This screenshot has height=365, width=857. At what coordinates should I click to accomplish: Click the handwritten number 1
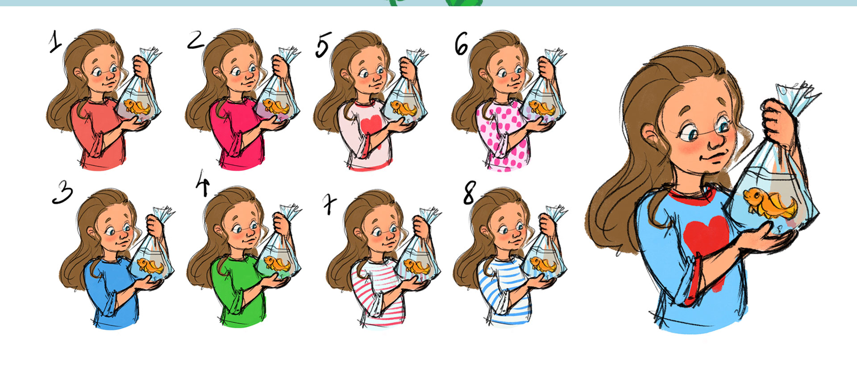[x=55, y=42]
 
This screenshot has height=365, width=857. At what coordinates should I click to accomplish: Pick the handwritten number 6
[x=462, y=44]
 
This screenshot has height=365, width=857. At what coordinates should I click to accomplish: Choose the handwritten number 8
[x=469, y=193]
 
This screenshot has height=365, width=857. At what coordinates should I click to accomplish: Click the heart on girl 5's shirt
[x=370, y=126]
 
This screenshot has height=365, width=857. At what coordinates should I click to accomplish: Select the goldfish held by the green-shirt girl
[x=277, y=263]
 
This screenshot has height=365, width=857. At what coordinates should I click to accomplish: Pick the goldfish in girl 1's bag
[x=137, y=107]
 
